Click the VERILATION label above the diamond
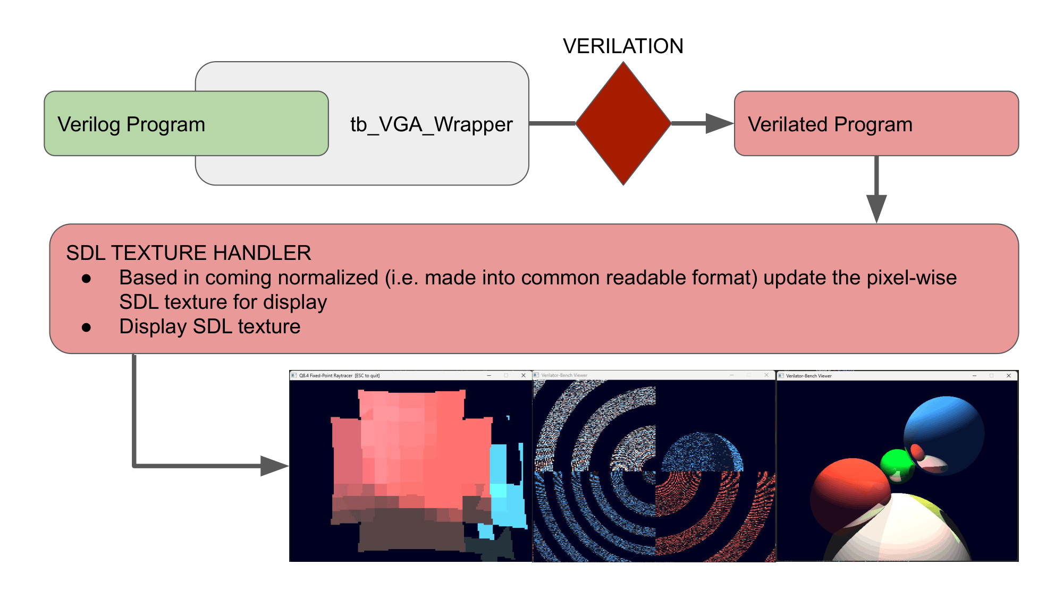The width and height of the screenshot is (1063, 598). pos(623,46)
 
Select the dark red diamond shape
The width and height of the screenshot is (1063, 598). pos(623,123)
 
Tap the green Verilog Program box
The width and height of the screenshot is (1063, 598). pos(186,124)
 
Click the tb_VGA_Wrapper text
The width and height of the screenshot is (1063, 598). pos(431,124)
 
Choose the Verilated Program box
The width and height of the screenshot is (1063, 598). pos(876,124)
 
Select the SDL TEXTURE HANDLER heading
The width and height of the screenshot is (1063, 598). pos(189,252)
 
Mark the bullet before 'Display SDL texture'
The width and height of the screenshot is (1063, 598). pos(86,327)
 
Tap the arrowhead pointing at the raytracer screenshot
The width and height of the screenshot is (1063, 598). pos(273,466)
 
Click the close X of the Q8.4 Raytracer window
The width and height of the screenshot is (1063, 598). pos(524,375)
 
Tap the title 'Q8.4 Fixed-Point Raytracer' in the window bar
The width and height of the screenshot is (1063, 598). pos(326,375)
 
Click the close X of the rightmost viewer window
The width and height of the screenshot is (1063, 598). pos(1009,376)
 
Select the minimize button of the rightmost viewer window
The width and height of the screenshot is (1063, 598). pos(974,376)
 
